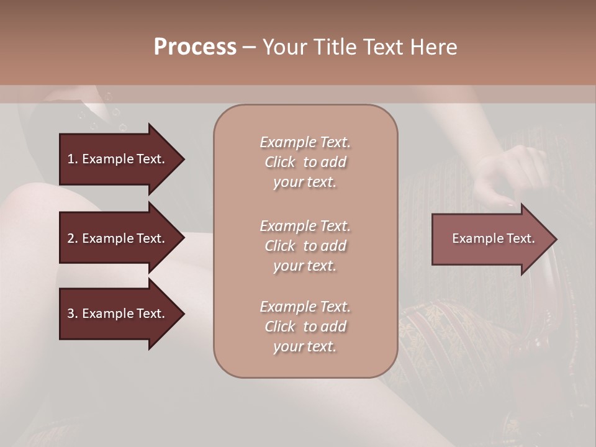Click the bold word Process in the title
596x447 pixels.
[195, 47]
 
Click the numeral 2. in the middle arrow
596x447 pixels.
[72, 238]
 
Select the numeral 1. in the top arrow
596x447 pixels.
[72, 159]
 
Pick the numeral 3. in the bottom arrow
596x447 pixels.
[72, 314]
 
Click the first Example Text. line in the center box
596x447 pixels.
[305, 142]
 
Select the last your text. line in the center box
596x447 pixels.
[305, 346]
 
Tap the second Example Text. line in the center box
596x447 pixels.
[305, 226]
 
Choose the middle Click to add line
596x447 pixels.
[305, 246]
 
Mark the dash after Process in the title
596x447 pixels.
[250, 47]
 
